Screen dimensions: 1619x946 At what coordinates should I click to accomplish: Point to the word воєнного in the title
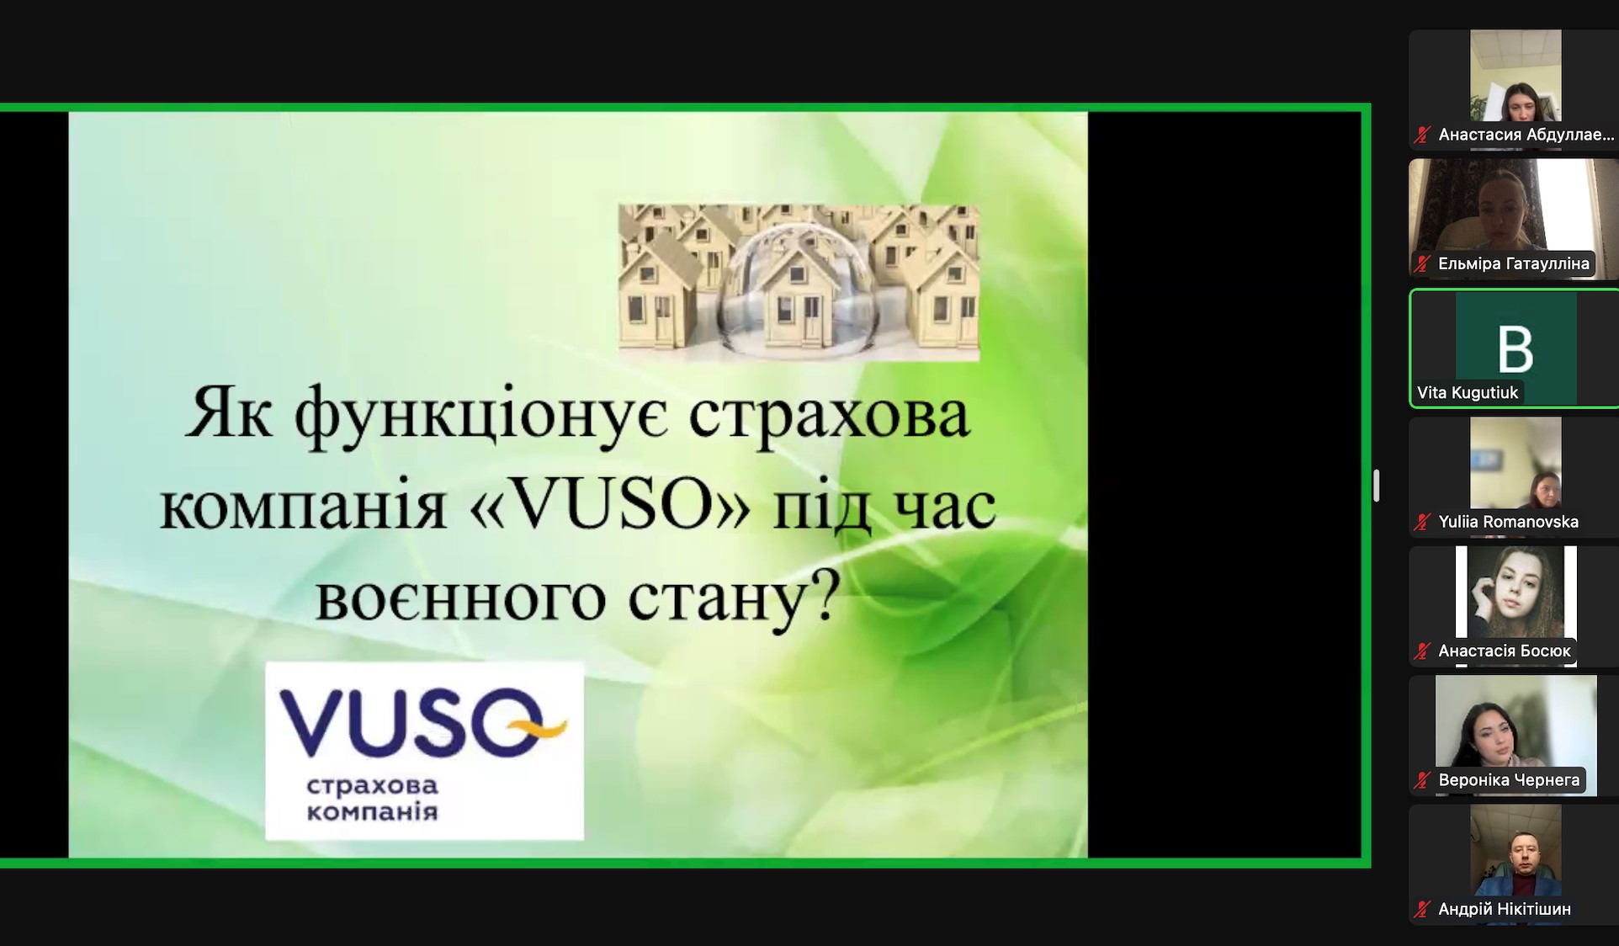[x=460, y=598]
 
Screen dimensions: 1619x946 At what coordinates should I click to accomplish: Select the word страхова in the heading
[x=829, y=415]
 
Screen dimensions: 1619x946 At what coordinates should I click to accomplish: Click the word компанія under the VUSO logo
[x=372, y=811]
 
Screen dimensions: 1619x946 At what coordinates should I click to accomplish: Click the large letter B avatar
[x=1516, y=348]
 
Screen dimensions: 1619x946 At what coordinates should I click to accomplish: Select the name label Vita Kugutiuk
[x=1468, y=392]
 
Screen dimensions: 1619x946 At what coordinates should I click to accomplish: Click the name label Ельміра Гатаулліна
[x=1514, y=263]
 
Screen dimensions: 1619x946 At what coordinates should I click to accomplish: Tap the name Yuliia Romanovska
[x=1508, y=522]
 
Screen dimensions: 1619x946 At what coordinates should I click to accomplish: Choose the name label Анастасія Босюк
[x=1505, y=651]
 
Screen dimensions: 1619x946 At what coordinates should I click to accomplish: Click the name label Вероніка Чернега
[x=1509, y=780]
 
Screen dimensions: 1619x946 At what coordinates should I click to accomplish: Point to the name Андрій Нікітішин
[x=1505, y=909]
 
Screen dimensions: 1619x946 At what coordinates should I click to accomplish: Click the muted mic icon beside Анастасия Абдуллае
[x=1423, y=135]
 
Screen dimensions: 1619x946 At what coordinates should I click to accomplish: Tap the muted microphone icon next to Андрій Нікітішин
[x=1423, y=909]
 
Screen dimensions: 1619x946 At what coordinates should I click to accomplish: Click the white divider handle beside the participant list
[x=1377, y=486]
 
